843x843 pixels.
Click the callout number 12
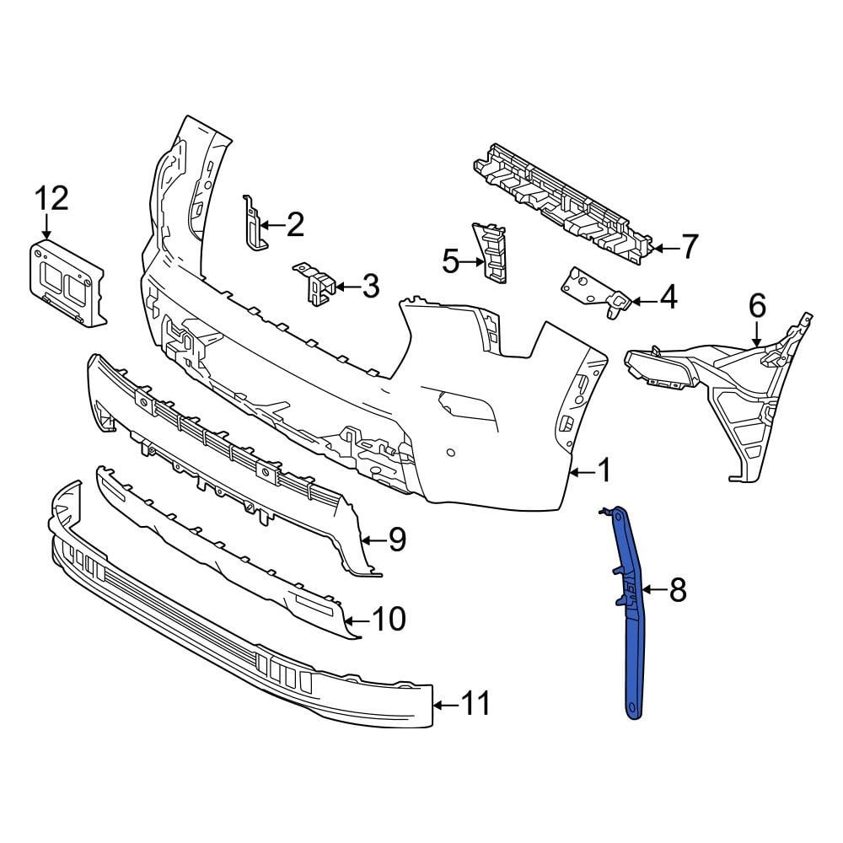click(x=51, y=200)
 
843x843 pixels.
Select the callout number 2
click(x=294, y=224)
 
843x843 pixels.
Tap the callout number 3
click(x=370, y=287)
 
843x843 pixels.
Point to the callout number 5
click(x=451, y=262)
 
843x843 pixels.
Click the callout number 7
click(x=689, y=247)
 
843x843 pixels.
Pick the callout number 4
click(x=668, y=298)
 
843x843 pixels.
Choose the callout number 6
click(x=756, y=305)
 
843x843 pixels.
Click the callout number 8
click(x=679, y=591)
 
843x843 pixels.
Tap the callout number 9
click(x=395, y=540)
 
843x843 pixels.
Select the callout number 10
click(x=389, y=620)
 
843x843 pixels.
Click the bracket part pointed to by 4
click(x=595, y=290)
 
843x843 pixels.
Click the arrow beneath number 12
click(x=46, y=227)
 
